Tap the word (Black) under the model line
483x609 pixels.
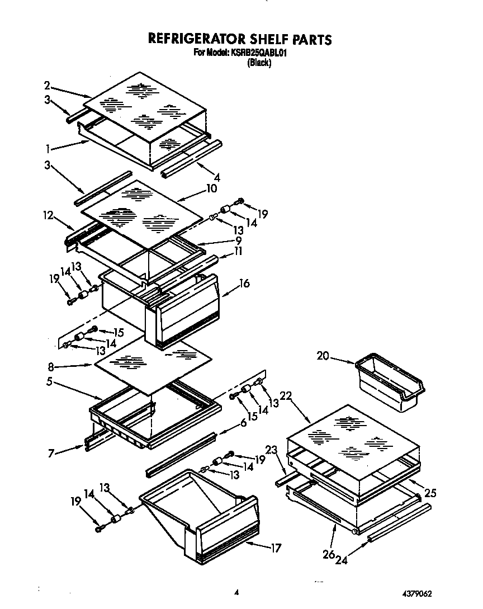point(259,63)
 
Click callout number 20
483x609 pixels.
point(323,356)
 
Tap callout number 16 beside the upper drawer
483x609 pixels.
point(244,284)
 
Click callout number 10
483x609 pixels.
point(211,189)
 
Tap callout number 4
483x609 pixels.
point(216,178)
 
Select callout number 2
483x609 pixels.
point(48,86)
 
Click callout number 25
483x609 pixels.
point(430,493)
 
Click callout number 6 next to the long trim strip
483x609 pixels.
point(244,424)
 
